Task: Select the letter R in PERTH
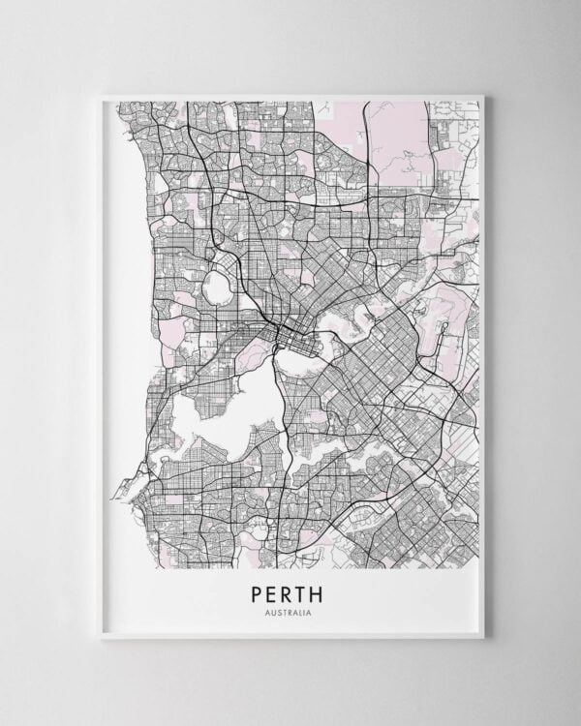click(x=291, y=591)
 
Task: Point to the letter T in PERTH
click(x=308, y=591)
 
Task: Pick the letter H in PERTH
click(x=325, y=591)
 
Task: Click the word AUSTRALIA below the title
click(x=291, y=611)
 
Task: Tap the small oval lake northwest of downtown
click(x=216, y=287)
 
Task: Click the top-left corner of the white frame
click(x=102, y=96)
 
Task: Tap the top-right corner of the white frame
click(x=481, y=96)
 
